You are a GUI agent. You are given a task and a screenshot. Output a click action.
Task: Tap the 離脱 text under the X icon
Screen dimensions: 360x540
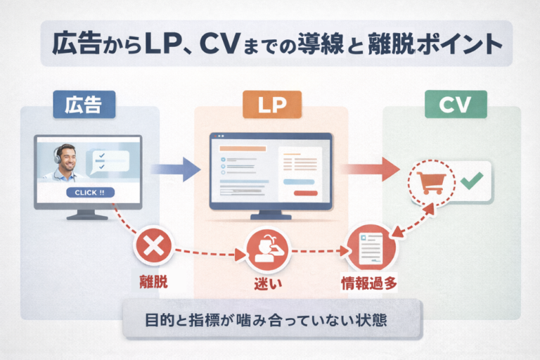point(153,283)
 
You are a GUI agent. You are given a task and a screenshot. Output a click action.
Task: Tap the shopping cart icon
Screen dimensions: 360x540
point(431,184)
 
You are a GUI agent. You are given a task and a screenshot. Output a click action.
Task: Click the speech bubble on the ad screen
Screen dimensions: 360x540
point(107,161)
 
